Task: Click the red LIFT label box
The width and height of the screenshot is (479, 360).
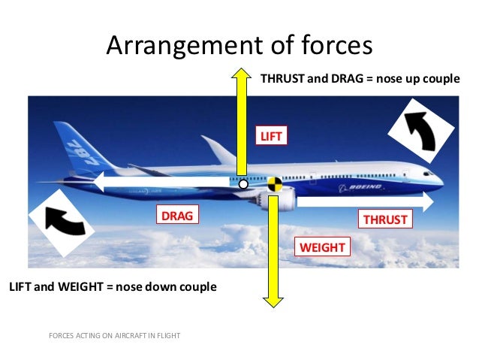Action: [x=269, y=135]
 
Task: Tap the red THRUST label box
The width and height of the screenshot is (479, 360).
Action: [x=385, y=219]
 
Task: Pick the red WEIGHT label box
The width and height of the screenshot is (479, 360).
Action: [x=323, y=247]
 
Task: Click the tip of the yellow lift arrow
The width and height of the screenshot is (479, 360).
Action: [x=243, y=70]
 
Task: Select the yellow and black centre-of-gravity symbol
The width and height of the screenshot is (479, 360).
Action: [x=273, y=183]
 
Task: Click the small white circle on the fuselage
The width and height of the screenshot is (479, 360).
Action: [x=243, y=183]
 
